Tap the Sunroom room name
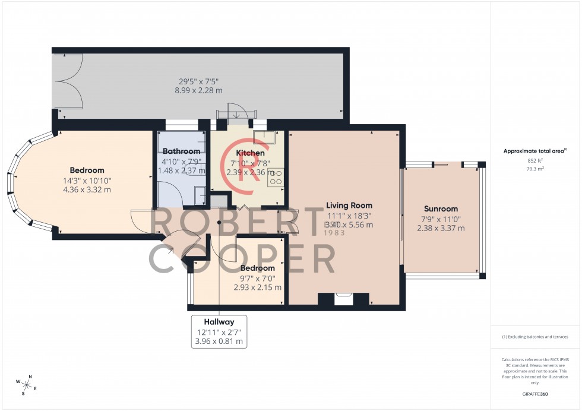441,209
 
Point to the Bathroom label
182,151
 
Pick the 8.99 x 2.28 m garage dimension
198,90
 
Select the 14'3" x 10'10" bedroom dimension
87,181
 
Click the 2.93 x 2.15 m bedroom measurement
257,287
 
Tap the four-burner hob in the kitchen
276,176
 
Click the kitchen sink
262,137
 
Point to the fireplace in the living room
343,299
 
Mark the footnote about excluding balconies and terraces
534,337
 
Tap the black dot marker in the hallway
219,222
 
